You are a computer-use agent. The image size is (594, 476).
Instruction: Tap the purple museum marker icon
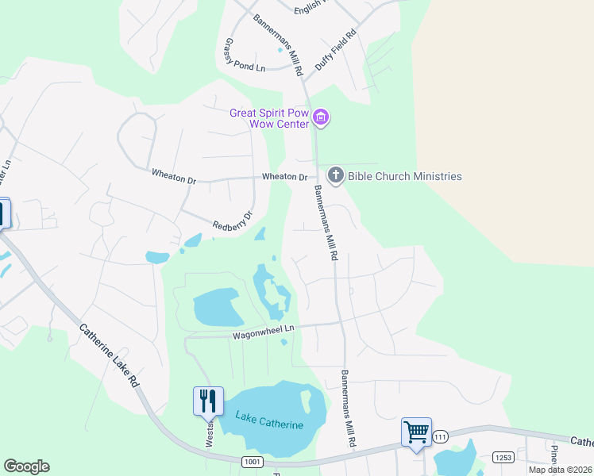pyautogui.click(x=321, y=118)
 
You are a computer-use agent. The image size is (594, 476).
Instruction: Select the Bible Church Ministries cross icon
pyautogui.click(x=335, y=175)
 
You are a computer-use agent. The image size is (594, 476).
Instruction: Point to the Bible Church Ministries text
pyautogui.click(x=404, y=176)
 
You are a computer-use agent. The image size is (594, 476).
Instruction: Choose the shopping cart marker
pyautogui.click(x=416, y=432)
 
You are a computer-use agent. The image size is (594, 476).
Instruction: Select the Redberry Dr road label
pyautogui.click(x=232, y=221)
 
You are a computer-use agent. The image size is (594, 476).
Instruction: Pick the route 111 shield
pyautogui.click(x=441, y=436)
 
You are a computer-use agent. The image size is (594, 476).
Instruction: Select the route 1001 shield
pyautogui.click(x=253, y=461)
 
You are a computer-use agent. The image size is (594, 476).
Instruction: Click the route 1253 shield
pyautogui.click(x=503, y=458)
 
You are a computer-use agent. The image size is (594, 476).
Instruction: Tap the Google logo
pyautogui.click(x=26, y=466)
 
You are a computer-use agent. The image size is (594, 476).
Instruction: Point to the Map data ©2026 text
pyautogui.click(x=560, y=470)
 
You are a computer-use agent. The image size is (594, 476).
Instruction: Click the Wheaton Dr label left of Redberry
pyautogui.click(x=173, y=176)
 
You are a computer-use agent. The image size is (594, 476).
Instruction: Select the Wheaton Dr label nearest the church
pyautogui.click(x=284, y=176)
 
